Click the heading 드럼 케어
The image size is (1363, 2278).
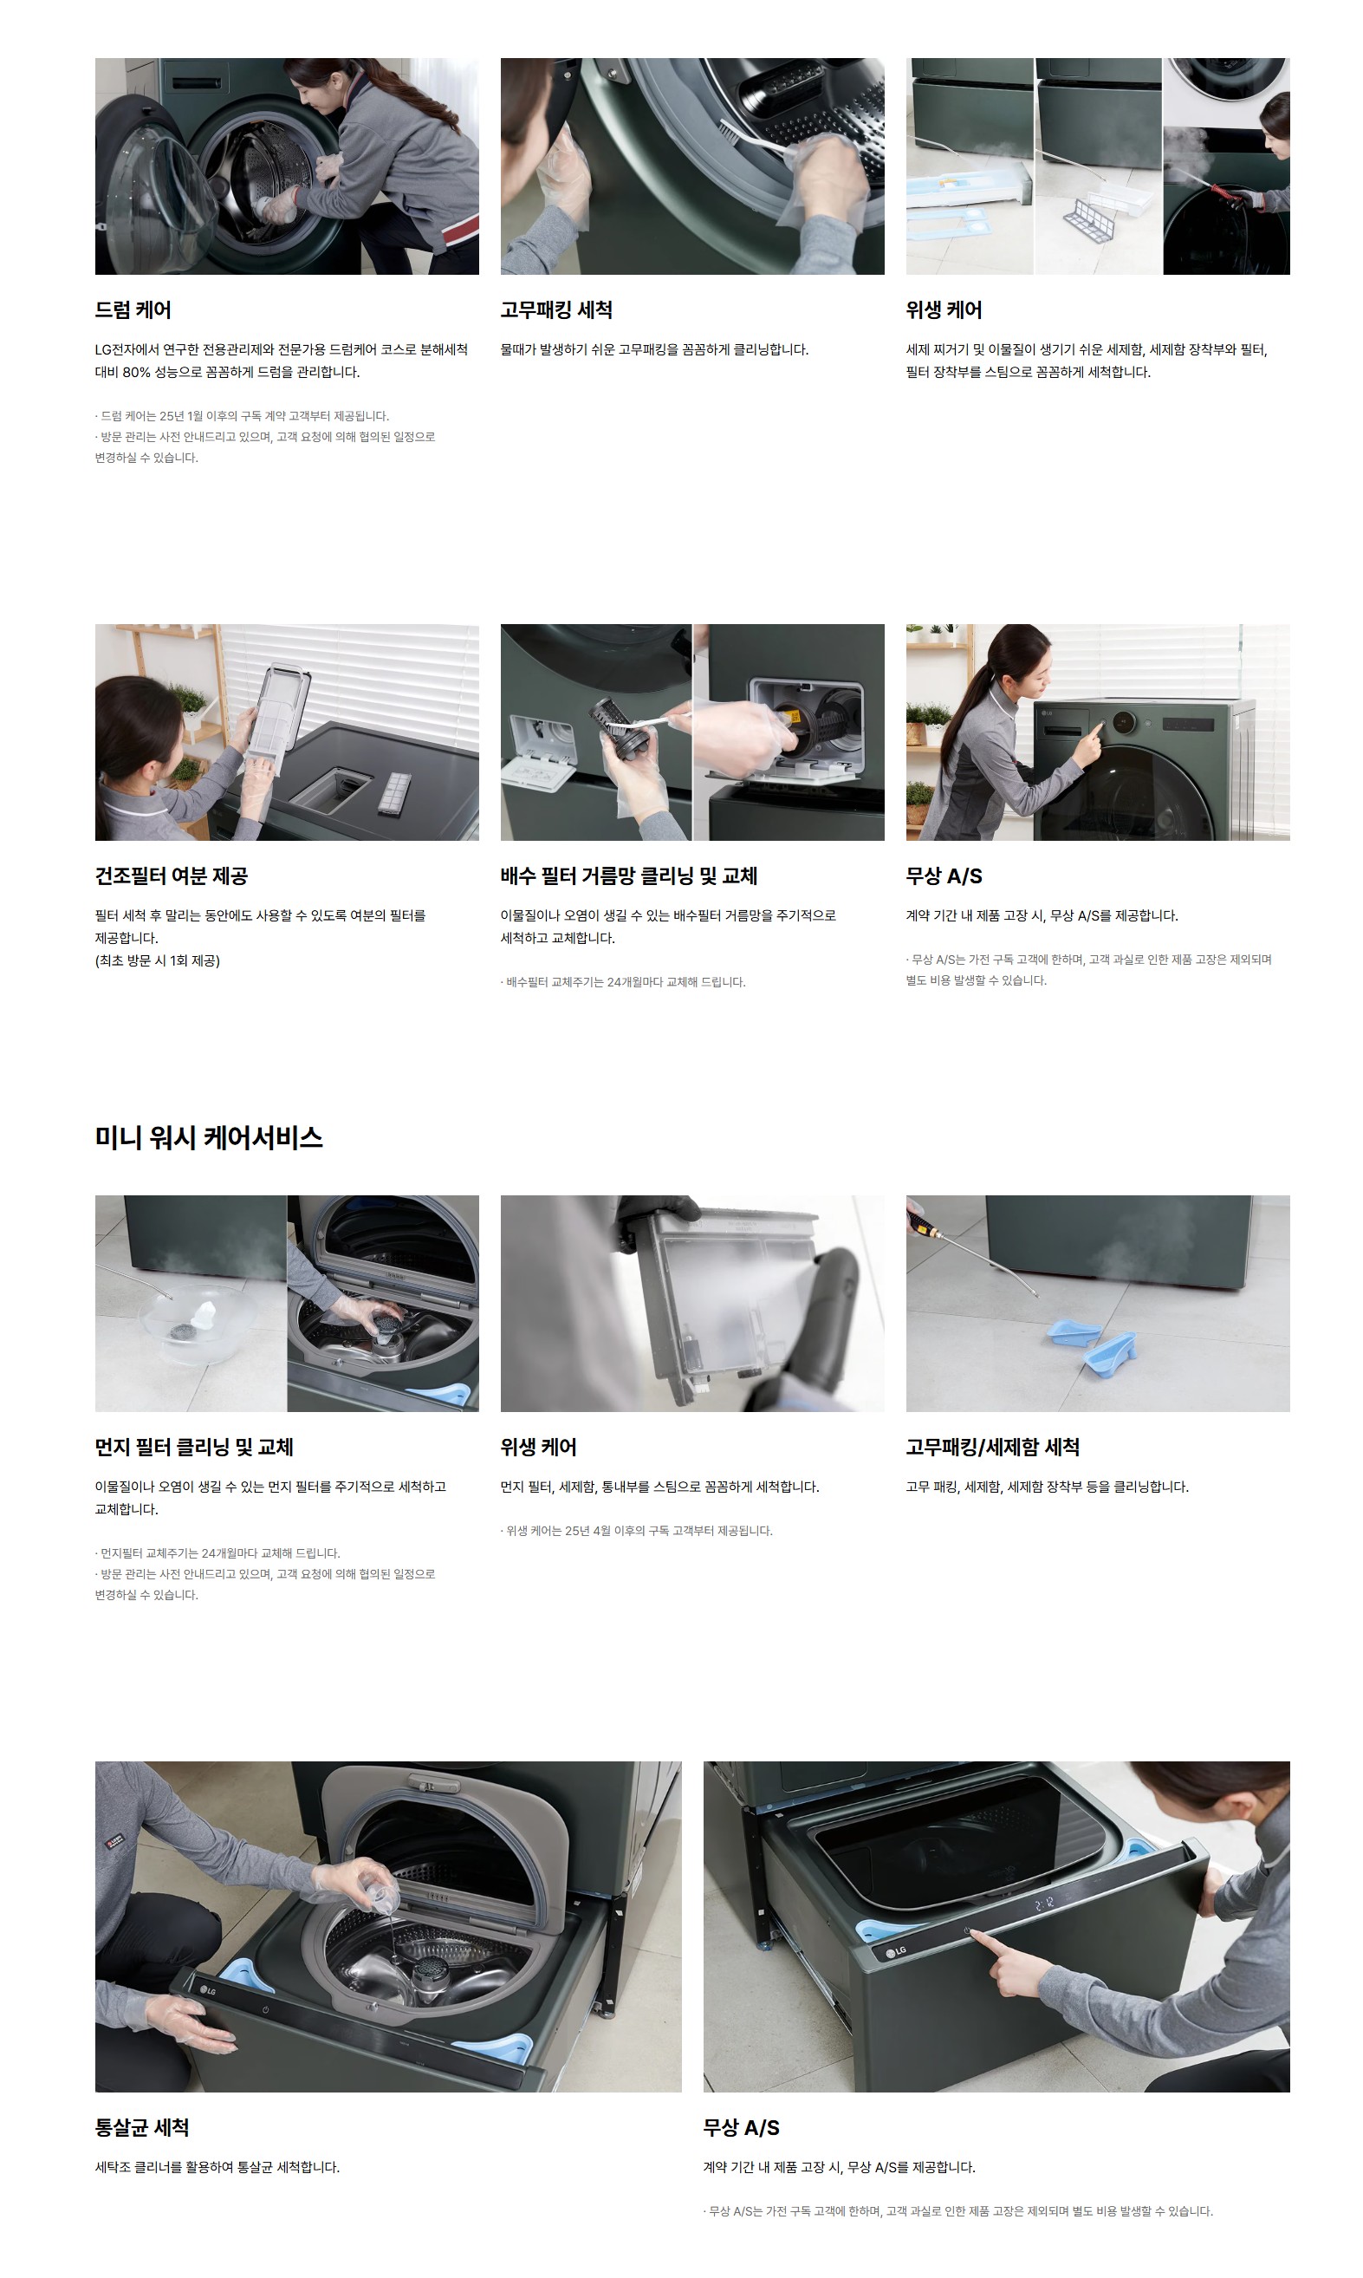tap(133, 310)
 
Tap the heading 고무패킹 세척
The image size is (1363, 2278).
tap(556, 310)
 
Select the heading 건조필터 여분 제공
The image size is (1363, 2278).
tap(172, 876)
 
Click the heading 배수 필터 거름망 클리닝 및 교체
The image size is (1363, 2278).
tap(629, 876)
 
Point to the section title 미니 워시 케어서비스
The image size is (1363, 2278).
tap(210, 1138)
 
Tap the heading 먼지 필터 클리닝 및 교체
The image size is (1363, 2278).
tap(195, 1448)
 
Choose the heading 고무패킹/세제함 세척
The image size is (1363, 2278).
tap(993, 1448)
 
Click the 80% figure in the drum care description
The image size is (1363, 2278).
tap(137, 373)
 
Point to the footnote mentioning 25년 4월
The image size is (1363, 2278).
tap(637, 1531)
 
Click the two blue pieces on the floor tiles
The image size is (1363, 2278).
tap(1093, 1344)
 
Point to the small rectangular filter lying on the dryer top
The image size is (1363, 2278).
tap(395, 794)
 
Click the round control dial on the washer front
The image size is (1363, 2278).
tap(1124, 723)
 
